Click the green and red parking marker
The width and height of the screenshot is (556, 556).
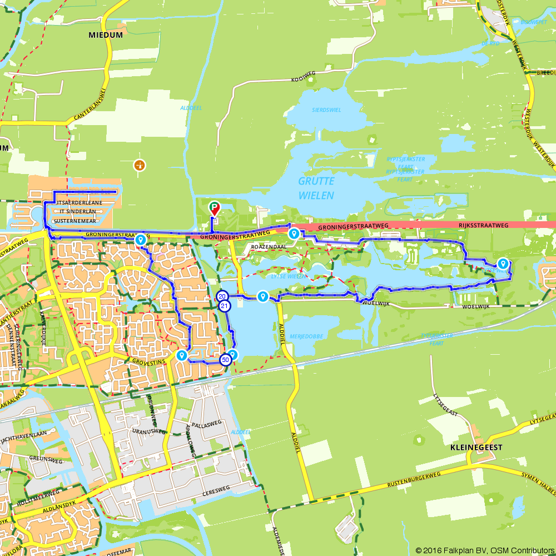[214, 208]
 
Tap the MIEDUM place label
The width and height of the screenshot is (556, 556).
[105, 34]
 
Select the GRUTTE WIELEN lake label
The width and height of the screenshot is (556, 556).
[316, 188]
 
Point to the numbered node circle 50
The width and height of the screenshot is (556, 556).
[225, 360]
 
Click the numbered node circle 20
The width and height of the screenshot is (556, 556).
[222, 296]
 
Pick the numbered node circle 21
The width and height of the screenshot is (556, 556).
[225, 306]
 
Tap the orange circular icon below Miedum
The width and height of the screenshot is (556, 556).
[139, 165]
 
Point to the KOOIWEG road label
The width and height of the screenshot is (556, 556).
[304, 73]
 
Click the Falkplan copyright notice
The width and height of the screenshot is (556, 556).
[485, 550]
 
